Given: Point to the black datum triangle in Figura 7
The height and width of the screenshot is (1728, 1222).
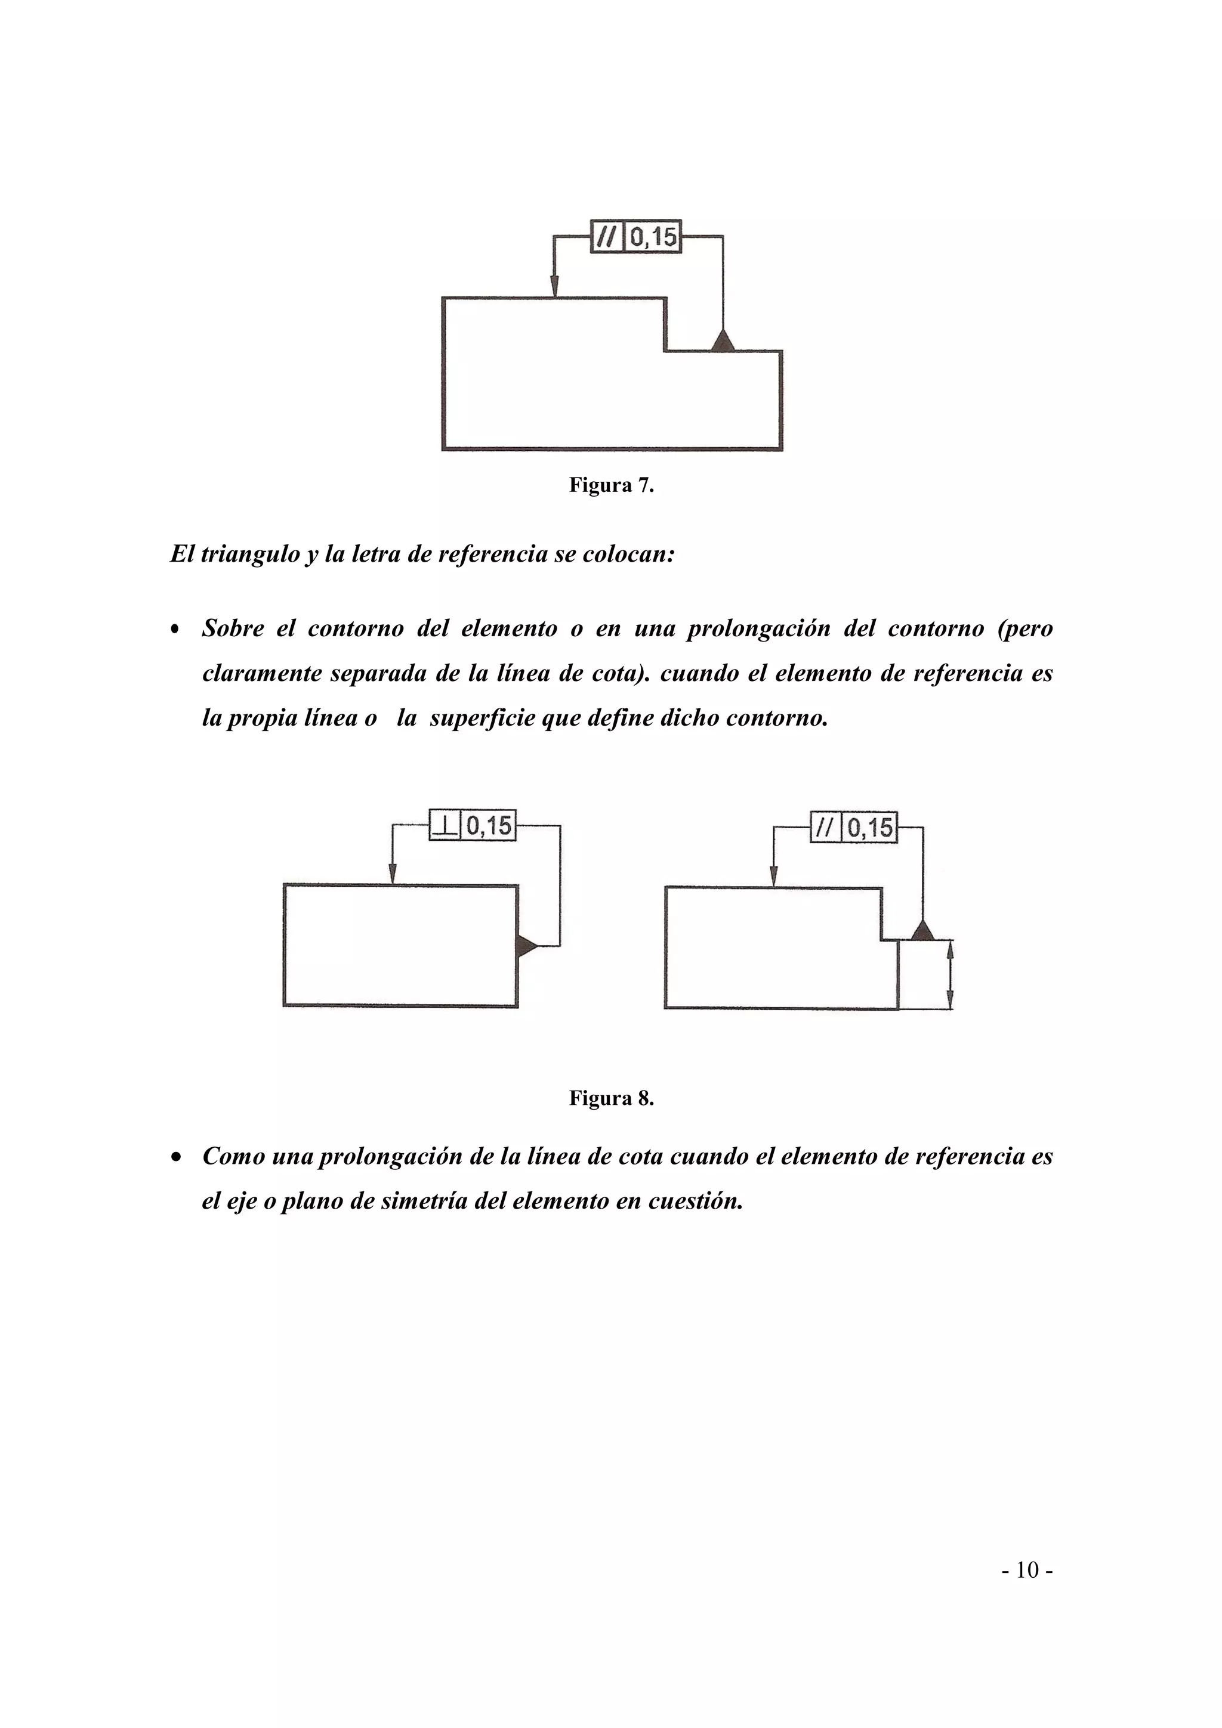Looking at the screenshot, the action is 723,342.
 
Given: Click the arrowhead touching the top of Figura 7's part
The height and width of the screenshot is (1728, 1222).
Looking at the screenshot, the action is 554,287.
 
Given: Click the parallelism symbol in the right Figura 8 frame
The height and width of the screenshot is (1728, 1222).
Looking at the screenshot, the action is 825,828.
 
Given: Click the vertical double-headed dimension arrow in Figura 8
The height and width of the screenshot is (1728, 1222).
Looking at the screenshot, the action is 950,976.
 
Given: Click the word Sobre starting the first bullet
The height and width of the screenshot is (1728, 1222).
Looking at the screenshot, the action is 233,628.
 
